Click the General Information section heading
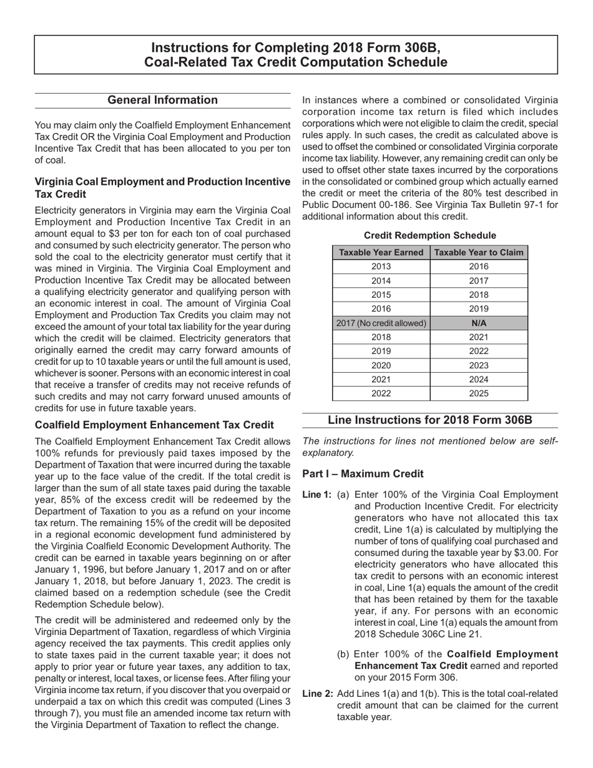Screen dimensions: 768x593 tap(163, 100)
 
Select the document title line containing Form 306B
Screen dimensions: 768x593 tap(296, 48)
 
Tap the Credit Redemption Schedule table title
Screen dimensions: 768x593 tap(429, 235)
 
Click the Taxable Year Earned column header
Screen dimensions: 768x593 tap(381, 252)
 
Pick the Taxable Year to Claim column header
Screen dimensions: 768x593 tap(479, 252)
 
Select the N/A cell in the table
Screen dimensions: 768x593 tap(479, 323)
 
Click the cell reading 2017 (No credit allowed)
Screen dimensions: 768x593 tap(381, 323)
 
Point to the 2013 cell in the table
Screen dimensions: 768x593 tap(381, 267)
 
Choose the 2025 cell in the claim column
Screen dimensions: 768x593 tap(479, 393)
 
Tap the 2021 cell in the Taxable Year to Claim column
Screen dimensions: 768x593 tap(479, 337)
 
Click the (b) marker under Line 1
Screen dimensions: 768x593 tap(343, 654)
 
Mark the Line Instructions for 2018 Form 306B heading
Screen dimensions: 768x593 tap(430, 420)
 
